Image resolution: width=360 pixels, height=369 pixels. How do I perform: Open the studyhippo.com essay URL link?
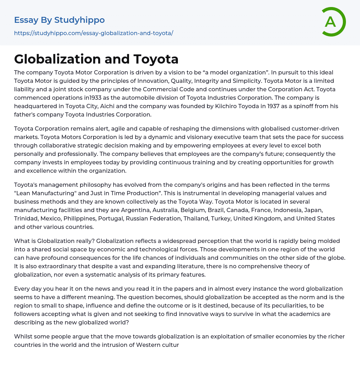pyautogui.click(x=94, y=33)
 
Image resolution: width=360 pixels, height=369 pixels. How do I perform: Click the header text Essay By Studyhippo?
pyautogui.click(x=59, y=20)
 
